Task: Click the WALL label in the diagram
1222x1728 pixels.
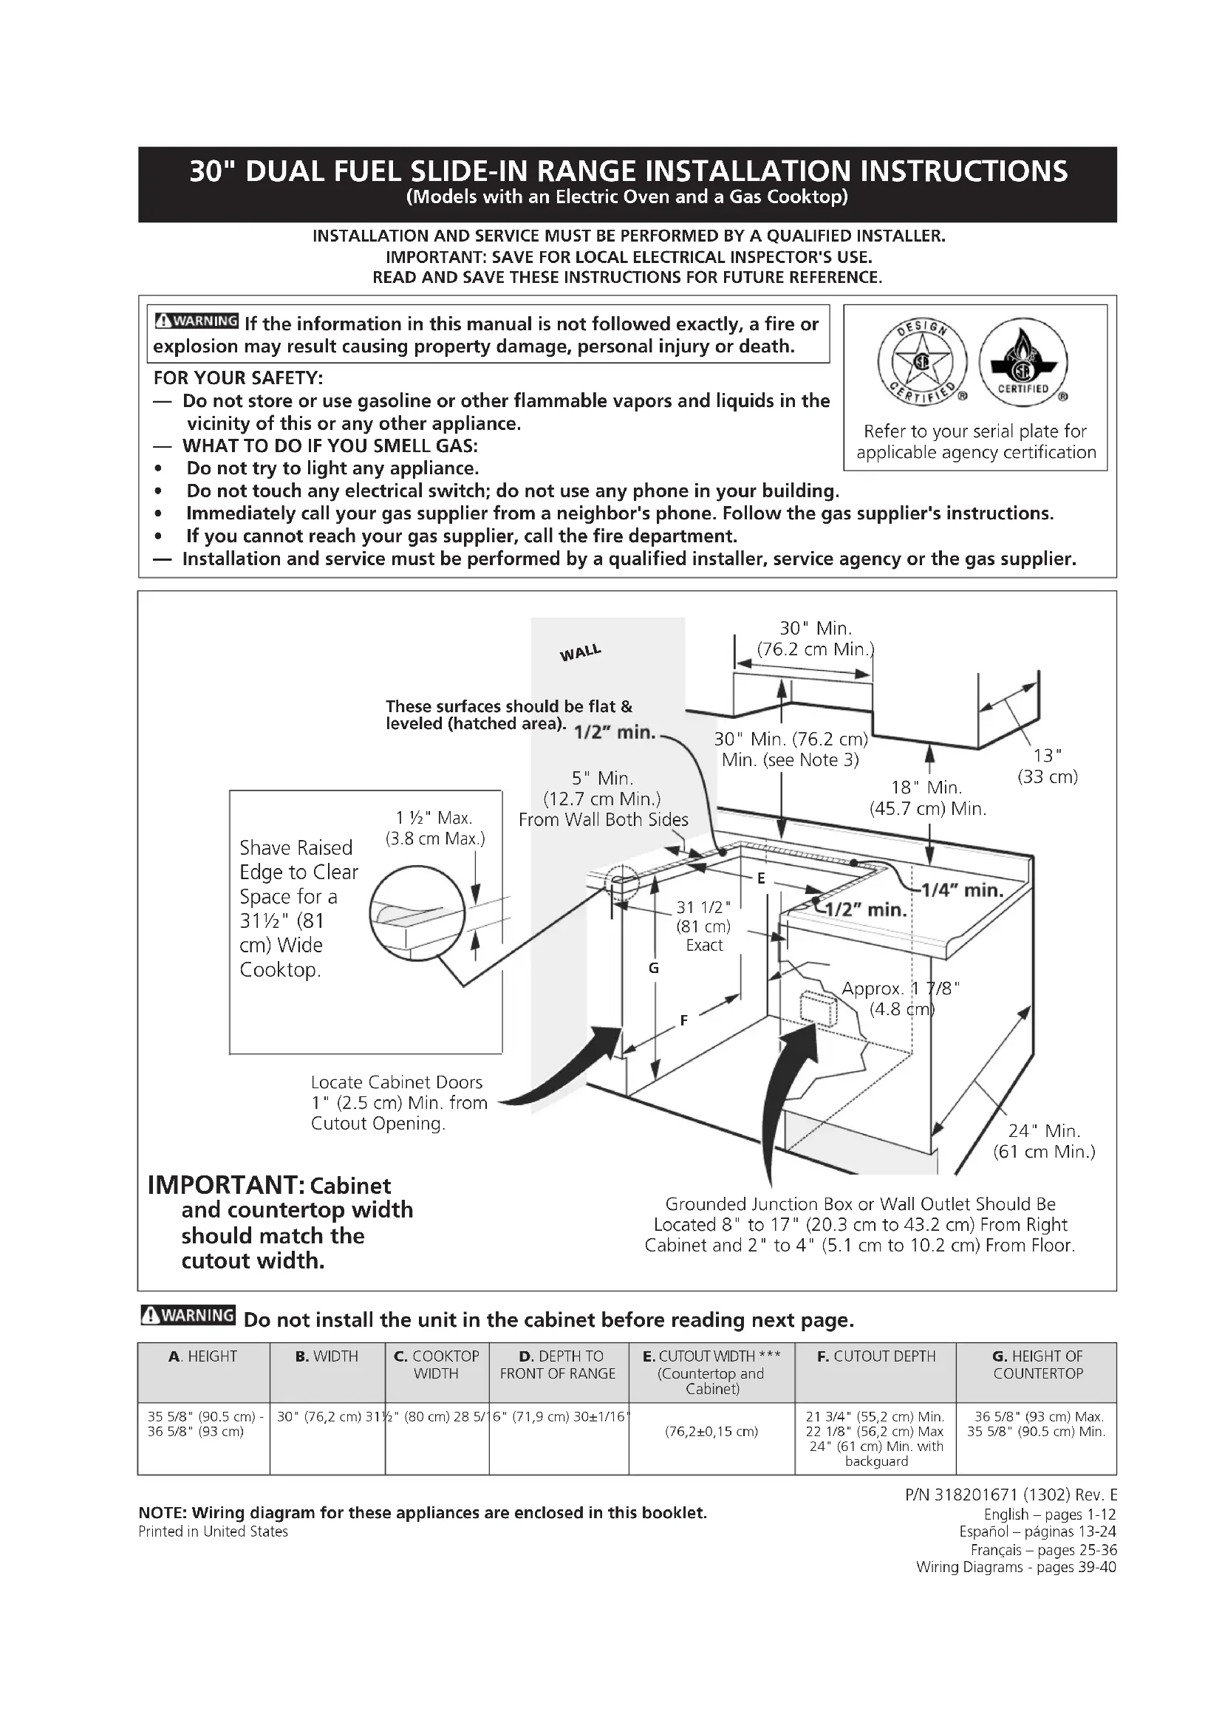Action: tap(580, 652)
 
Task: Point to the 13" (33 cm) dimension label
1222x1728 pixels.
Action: tap(1048, 766)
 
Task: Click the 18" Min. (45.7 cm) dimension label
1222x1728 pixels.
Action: tap(927, 798)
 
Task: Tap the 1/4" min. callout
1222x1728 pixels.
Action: tap(963, 891)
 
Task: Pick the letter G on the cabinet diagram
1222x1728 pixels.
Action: tap(653, 969)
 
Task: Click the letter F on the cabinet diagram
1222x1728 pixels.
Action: tap(683, 1020)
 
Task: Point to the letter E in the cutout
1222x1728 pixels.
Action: tap(761, 878)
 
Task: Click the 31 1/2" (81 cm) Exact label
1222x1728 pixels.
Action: tap(703, 926)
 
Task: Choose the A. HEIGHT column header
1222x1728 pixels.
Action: tap(203, 1356)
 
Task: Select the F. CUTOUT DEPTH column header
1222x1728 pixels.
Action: tap(876, 1356)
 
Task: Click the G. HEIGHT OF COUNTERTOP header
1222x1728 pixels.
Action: tap(1037, 1365)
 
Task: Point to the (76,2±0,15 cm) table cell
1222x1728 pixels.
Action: tap(711, 1432)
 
